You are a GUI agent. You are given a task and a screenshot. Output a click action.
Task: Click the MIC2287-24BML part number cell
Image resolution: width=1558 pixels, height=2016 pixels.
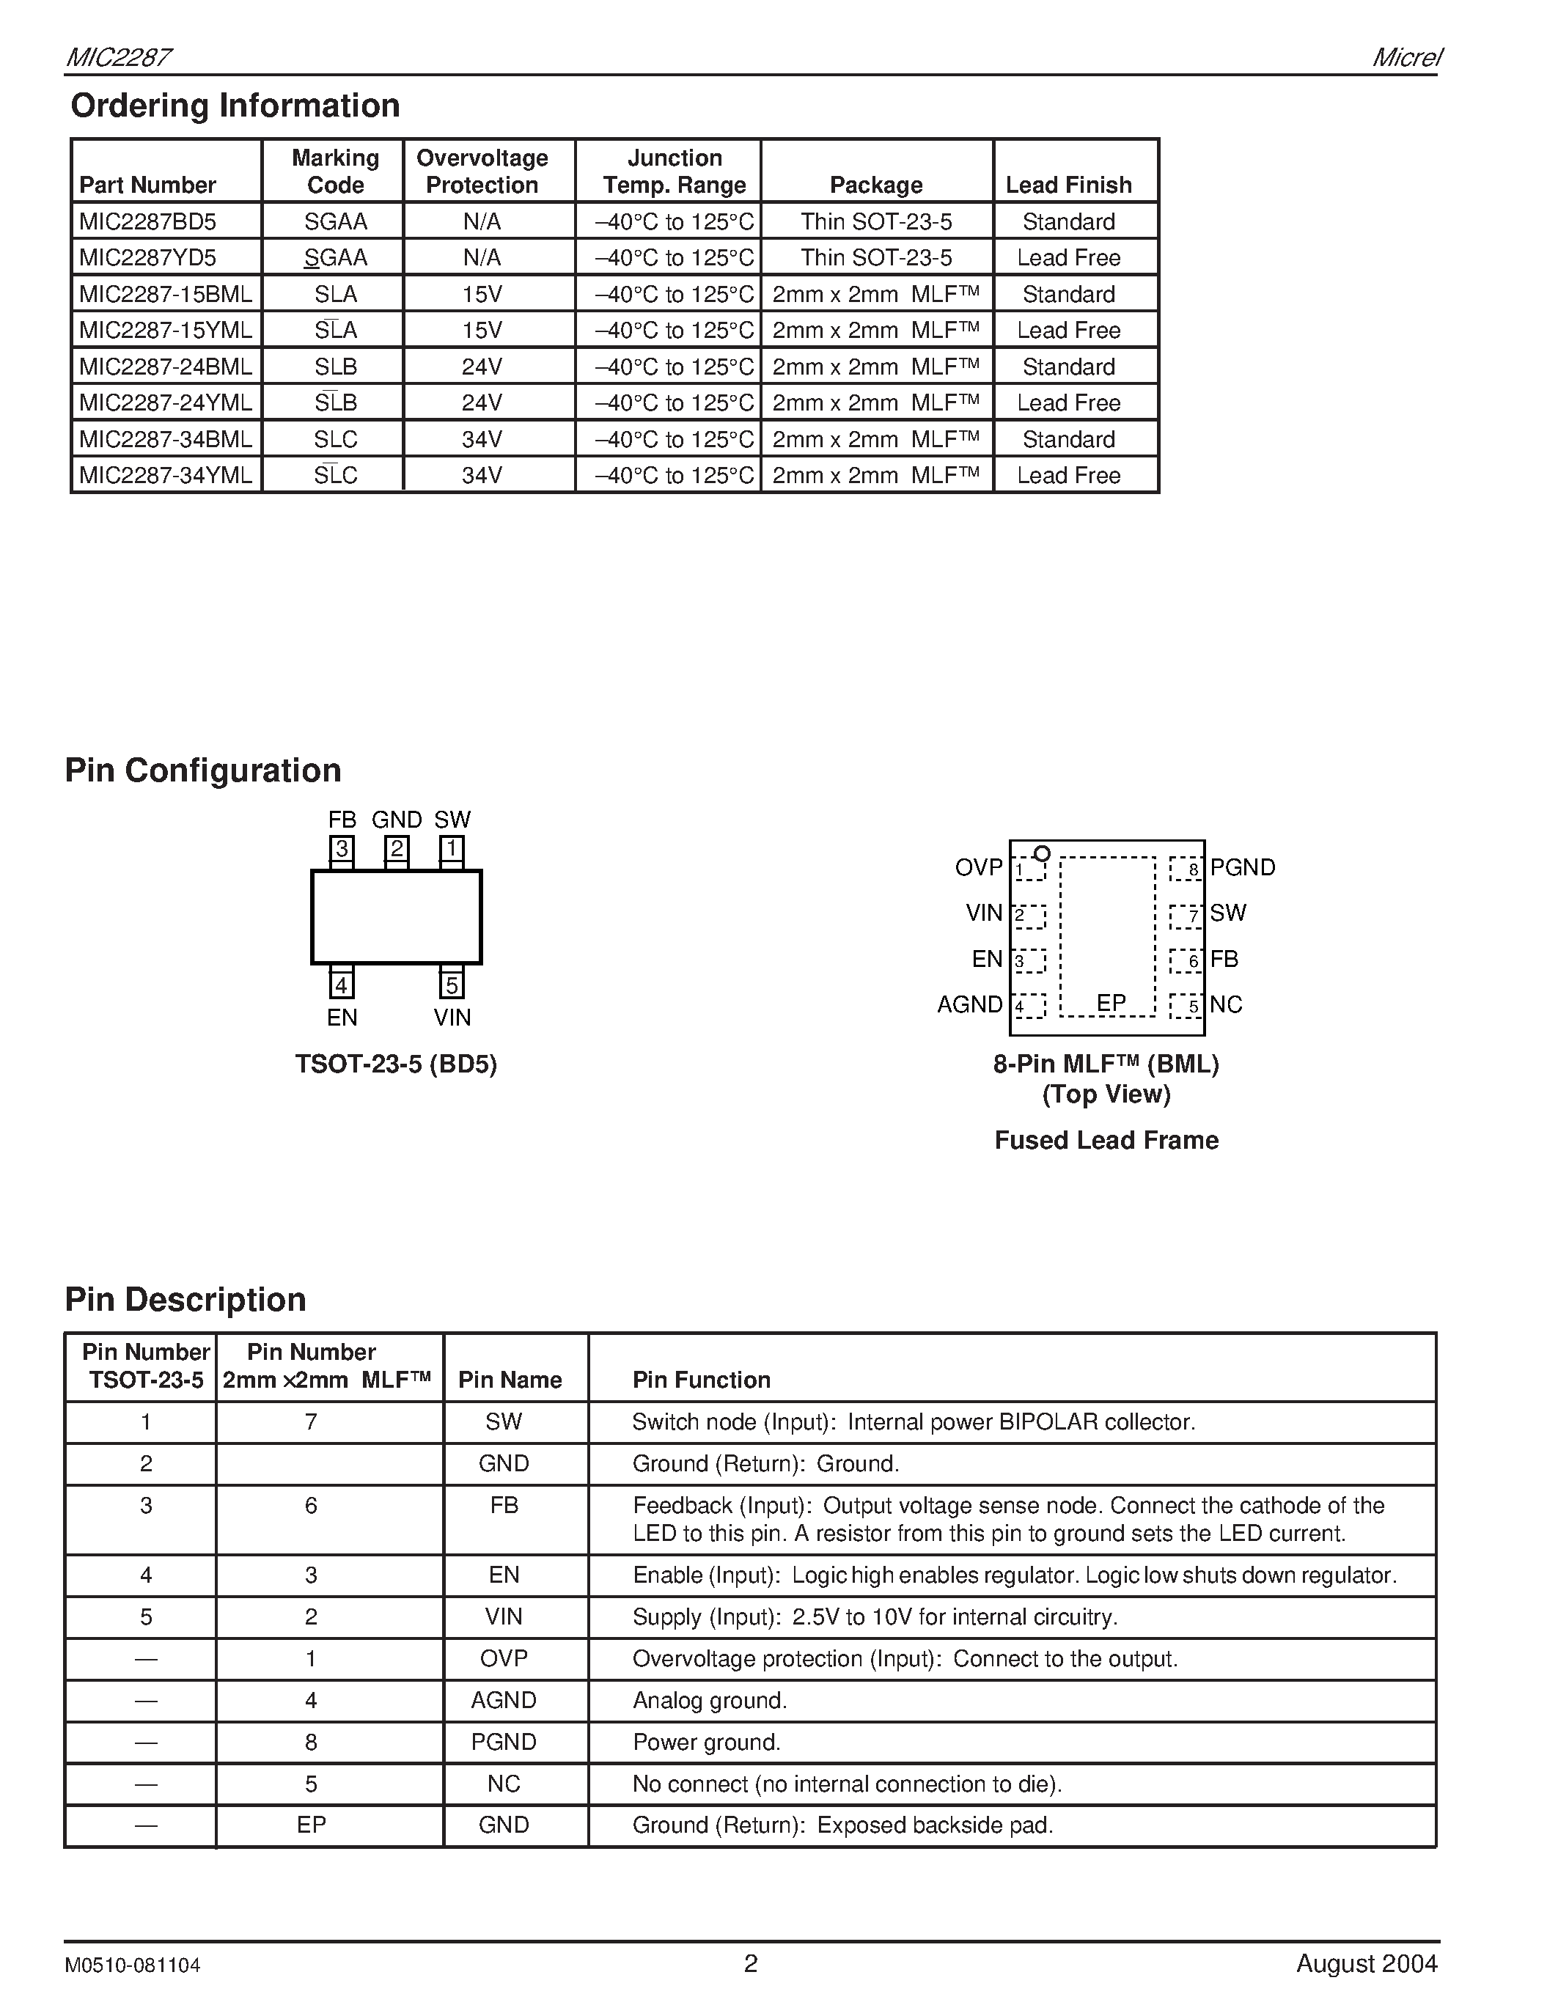[x=166, y=367]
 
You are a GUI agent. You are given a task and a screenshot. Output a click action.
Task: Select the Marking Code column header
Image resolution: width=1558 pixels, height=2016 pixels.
[x=335, y=172]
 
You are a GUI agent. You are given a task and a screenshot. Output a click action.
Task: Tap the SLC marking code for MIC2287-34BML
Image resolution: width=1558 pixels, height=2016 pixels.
[x=335, y=438]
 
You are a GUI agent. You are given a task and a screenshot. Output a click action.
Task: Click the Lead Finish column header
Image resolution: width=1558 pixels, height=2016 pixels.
[x=1068, y=185]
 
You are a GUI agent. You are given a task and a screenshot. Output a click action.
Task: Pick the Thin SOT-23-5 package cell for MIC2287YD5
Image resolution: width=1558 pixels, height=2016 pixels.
[x=876, y=257]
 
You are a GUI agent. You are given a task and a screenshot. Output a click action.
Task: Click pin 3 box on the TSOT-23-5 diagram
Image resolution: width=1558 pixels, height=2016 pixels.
[x=342, y=848]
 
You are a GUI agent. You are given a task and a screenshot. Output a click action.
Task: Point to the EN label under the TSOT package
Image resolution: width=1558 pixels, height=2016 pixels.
[x=342, y=1018]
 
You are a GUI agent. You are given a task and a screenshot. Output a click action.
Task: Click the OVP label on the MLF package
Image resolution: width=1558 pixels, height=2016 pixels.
[x=978, y=868]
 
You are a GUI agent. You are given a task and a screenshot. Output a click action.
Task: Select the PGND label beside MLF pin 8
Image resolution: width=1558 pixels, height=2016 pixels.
[x=1242, y=868]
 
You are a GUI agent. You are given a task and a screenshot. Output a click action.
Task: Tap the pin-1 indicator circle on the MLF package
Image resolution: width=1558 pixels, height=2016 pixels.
[x=1042, y=853]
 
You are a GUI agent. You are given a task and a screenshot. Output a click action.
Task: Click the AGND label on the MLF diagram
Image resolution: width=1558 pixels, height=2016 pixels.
[x=969, y=1004]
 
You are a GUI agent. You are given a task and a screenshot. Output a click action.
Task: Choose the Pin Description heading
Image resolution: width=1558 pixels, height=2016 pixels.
[x=185, y=1299]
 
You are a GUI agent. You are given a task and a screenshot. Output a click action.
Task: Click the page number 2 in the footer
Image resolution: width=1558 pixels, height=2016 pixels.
[x=750, y=1962]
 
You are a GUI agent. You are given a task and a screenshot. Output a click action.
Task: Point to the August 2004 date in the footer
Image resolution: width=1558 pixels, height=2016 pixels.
[x=1366, y=1962]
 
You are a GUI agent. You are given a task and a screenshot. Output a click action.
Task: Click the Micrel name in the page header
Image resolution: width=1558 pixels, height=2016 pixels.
[x=1405, y=57]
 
